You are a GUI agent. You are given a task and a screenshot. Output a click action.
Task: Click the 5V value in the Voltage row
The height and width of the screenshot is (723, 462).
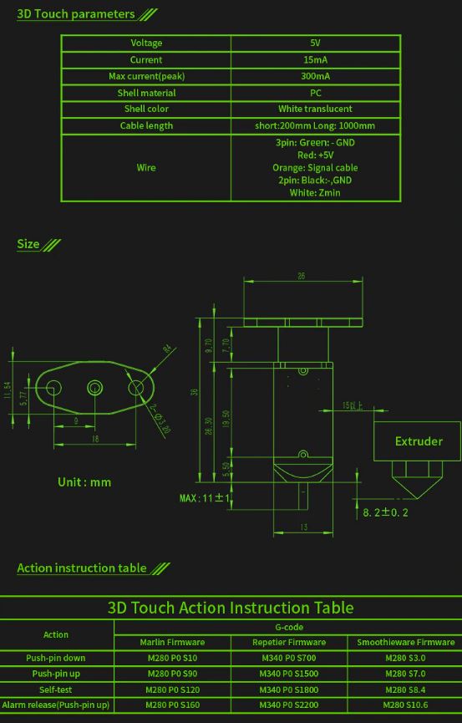pos(315,43)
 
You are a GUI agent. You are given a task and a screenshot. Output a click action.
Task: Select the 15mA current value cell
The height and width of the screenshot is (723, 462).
pos(315,60)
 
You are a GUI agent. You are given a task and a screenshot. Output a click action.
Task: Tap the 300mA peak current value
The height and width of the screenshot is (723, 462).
pos(315,76)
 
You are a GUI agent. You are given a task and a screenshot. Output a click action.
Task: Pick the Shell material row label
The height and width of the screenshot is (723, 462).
pos(146,93)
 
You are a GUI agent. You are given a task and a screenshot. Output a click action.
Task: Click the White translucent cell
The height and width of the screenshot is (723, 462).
pos(315,109)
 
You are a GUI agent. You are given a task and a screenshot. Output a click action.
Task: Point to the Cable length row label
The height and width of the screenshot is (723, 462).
pos(146,125)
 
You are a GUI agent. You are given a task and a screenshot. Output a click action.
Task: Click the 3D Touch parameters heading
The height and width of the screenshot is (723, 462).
pos(76,14)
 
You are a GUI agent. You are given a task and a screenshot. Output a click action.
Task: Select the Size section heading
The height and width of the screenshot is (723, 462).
pos(28,244)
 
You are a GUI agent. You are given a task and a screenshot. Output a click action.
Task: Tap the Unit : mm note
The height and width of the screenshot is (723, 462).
pos(84,482)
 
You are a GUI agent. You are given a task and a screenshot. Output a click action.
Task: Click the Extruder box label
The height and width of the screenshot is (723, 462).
pos(419,440)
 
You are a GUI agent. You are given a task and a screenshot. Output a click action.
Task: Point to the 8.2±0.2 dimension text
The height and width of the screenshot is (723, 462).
pos(385,512)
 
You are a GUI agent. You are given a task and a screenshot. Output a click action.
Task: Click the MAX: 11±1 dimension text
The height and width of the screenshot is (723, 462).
pos(205,498)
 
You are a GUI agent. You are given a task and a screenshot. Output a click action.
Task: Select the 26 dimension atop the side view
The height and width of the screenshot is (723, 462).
pos(301,277)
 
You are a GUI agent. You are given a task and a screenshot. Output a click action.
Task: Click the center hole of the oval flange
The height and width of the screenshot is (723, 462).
pos(94,388)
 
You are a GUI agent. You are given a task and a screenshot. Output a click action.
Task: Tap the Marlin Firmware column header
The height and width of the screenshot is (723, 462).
pos(172,642)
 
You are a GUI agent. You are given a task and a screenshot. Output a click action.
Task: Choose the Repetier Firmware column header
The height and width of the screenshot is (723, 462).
pos(289,642)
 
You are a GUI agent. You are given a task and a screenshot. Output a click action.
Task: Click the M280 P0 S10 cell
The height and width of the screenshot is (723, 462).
pos(172,658)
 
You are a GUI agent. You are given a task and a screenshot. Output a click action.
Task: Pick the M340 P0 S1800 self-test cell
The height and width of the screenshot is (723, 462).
pos(289,690)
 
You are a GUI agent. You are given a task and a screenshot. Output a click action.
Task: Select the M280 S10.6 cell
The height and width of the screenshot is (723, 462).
pos(405,705)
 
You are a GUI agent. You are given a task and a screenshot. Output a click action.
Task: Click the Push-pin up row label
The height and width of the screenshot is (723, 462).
pos(55,674)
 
